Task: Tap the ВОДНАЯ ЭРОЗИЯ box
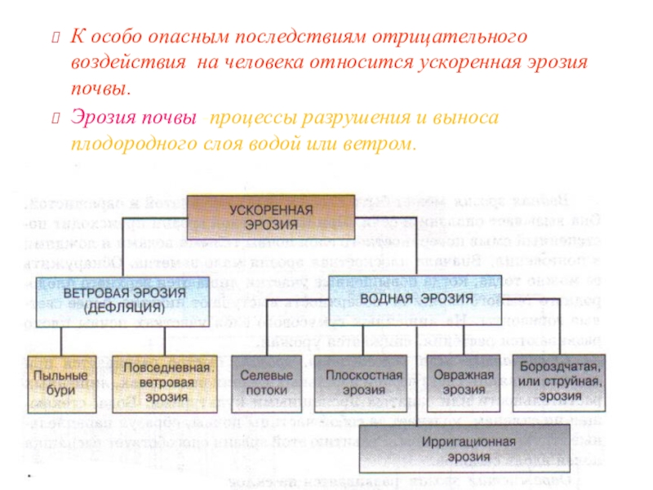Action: click(x=404, y=299)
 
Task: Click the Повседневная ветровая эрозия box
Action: click(x=165, y=381)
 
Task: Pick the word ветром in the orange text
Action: click(x=380, y=145)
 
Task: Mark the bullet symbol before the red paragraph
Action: click(x=56, y=38)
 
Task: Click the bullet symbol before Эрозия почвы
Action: click(x=56, y=120)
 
